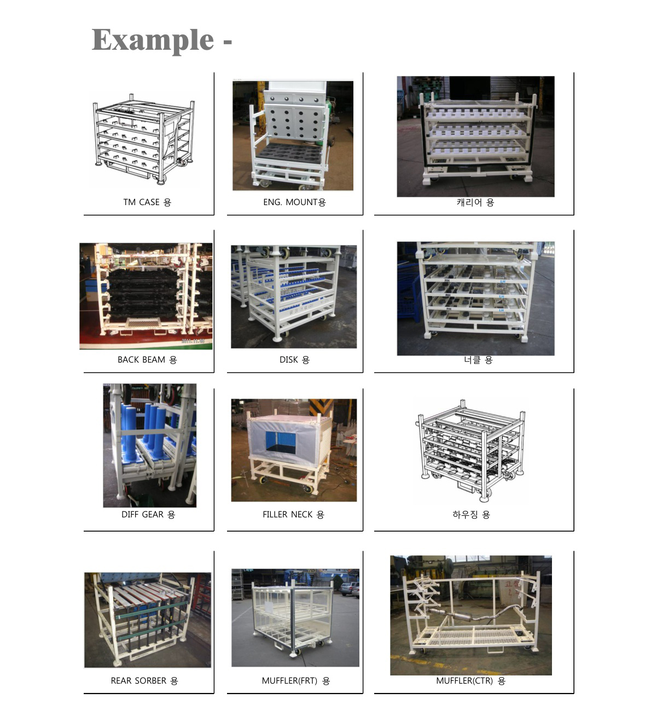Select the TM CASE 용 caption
tap(147, 202)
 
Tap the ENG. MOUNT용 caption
tap(294, 202)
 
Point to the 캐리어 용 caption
tap(475, 202)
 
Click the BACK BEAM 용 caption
tap(147, 360)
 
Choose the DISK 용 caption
tap(294, 360)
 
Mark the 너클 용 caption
tap(478, 360)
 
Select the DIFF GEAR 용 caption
tap(148, 514)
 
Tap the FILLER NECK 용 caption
tap(293, 514)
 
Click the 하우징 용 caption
tap(471, 514)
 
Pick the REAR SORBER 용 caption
tap(144, 680)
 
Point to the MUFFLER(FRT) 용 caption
tap(296, 680)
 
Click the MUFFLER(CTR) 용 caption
tap(470, 680)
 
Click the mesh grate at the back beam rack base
tap(143, 322)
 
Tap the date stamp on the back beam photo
tap(193, 341)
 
